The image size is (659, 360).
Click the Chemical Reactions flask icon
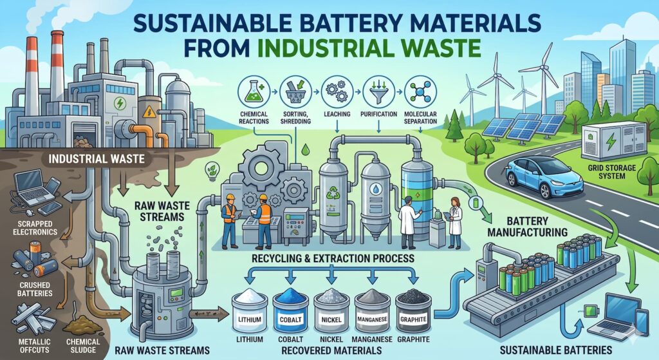coord(254,91)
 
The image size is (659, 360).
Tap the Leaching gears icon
coord(337,91)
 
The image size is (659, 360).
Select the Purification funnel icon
coord(378,91)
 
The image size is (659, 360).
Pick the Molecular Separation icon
coord(420,91)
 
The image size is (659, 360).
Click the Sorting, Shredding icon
coord(295,91)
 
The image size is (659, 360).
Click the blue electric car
coord(544,176)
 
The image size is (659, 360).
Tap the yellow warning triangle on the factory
coord(149,111)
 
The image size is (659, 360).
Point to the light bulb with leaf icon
coord(211,171)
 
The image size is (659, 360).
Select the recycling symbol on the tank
coord(333,192)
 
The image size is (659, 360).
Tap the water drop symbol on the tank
coord(375,191)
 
